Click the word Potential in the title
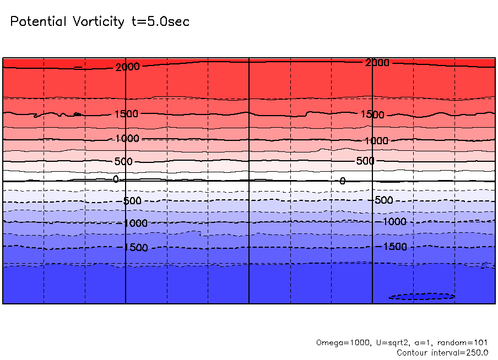[x=38, y=22]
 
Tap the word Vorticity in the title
[x=96, y=22]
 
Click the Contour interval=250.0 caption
[x=442, y=352]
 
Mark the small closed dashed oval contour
[x=421, y=296]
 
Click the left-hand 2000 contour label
[x=128, y=67]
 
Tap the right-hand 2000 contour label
[x=377, y=63]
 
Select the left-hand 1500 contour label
[x=126, y=114]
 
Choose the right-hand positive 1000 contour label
[x=376, y=141]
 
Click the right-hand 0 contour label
[x=342, y=181]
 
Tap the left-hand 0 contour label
[x=116, y=179]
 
